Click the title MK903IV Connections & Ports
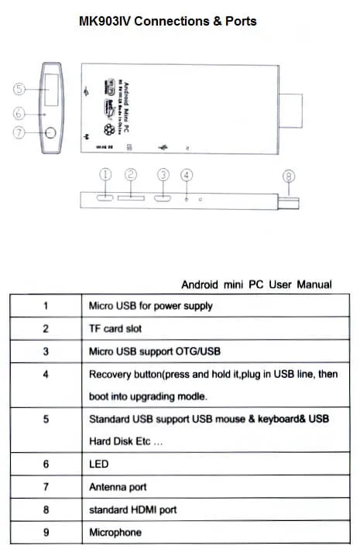pyautogui.click(x=167, y=21)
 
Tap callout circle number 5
pyautogui.click(x=20, y=88)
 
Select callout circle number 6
pyautogui.click(x=20, y=114)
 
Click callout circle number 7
pyautogui.click(x=20, y=132)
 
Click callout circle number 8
pyautogui.click(x=289, y=176)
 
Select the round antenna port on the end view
pyautogui.click(x=50, y=132)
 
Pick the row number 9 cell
pyautogui.click(x=45, y=533)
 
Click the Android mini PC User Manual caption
pyautogui.click(x=256, y=284)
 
